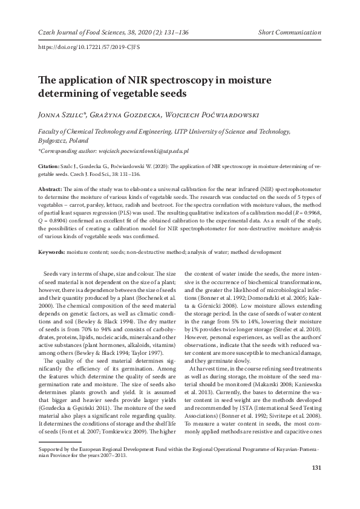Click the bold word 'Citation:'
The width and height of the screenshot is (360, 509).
pos(48,165)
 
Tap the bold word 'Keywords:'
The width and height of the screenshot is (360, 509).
pos(51,251)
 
